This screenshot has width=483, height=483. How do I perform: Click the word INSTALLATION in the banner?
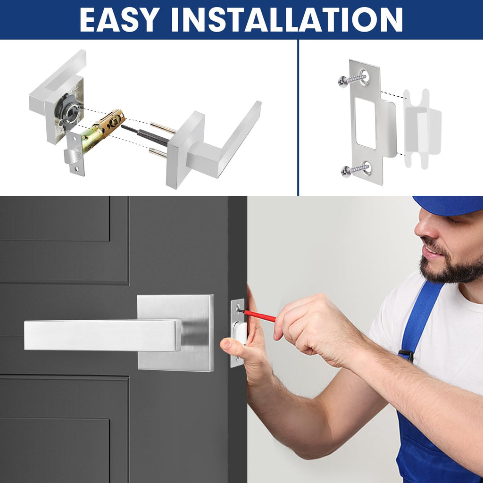(287, 20)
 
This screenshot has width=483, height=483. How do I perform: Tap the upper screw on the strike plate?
(352, 79)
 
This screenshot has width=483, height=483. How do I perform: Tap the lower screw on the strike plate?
(355, 170)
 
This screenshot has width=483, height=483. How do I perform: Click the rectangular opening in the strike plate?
(366, 123)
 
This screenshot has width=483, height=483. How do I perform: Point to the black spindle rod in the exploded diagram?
(145, 135)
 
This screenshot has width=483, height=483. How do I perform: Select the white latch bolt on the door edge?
(240, 333)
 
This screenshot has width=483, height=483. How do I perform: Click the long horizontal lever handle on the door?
(102, 335)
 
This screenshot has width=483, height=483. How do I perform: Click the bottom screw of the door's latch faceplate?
(237, 358)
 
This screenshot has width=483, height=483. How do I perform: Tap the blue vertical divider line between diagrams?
(298, 117)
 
